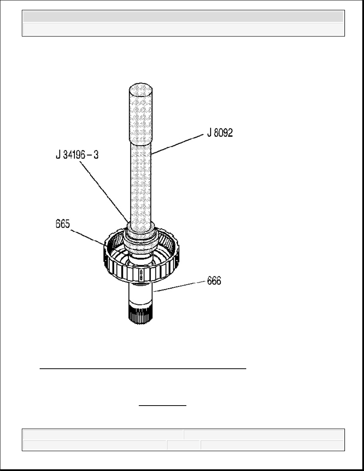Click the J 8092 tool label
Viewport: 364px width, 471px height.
[220, 133]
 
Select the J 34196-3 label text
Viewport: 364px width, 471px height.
[77, 155]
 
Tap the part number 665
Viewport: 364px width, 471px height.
[63, 224]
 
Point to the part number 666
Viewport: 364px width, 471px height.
[214, 281]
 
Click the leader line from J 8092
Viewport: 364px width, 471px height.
[177, 144]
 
